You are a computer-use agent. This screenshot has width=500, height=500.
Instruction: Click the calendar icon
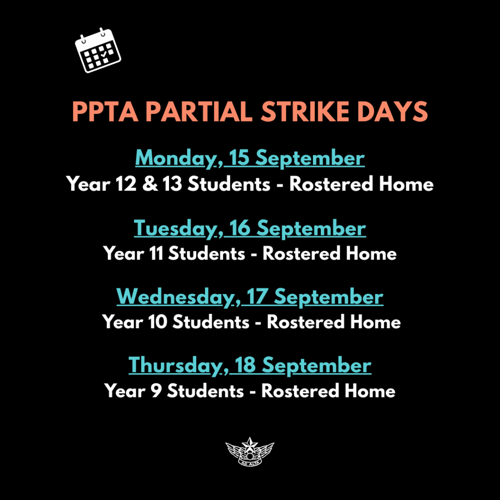tap(98, 50)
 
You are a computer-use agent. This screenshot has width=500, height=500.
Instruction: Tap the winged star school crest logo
tap(250, 452)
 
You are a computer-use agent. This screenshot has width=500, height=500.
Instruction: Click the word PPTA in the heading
tap(105, 112)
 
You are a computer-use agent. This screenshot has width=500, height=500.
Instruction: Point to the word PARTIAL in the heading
tap(199, 112)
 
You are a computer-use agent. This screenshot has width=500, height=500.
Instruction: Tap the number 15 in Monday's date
tap(239, 158)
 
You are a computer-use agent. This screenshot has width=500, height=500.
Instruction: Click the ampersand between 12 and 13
tap(149, 184)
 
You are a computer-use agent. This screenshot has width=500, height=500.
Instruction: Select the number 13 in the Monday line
tap(172, 184)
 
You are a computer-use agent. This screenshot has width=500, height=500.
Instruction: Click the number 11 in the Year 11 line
tap(156, 253)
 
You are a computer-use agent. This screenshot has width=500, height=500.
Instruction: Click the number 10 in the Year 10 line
tap(158, 322)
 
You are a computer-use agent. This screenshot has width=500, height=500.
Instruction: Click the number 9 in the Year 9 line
tap(156, 391)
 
